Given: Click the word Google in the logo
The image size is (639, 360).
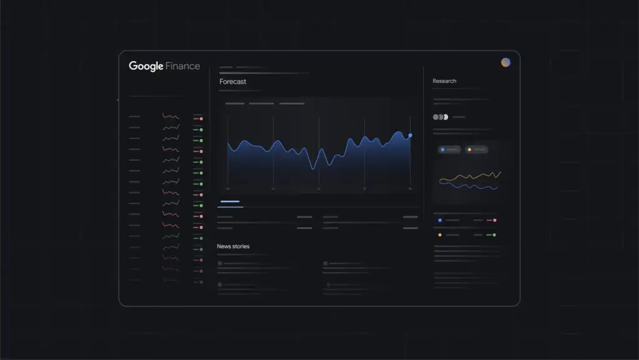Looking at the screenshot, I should [x=146, y=66].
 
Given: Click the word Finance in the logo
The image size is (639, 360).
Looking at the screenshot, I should [x=183, y=66].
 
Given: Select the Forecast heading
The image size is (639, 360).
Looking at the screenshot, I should [x=233, y=82].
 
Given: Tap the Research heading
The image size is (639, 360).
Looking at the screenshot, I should [x=444, y=81].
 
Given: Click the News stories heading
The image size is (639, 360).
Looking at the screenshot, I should [x=233, y=246].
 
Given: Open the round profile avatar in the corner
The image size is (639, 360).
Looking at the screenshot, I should [x=505, y=62].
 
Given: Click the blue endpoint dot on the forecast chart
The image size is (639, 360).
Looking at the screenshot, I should [x=410, y=135].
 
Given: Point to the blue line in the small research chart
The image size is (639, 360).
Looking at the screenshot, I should [x=474, y=186].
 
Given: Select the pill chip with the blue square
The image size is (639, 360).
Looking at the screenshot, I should [x=449, y=150].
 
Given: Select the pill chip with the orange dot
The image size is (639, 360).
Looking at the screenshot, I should [x=477, y=150].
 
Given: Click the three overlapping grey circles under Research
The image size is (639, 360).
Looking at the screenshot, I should [x=441, y=117].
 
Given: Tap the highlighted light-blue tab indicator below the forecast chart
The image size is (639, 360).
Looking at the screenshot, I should [x=230, y=202].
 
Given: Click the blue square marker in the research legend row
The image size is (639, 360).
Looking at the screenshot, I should [x=440, y=220].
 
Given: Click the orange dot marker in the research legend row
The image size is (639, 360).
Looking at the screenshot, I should [x=440, y=235].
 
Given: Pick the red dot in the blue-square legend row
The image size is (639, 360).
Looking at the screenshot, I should [x=495, y=220].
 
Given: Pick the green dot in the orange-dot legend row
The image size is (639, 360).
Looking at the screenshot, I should [x=495, y=235].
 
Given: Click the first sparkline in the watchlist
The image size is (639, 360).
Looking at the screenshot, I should [x=170, y=117].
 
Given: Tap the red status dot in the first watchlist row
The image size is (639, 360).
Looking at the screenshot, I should [x=201, y=119].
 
